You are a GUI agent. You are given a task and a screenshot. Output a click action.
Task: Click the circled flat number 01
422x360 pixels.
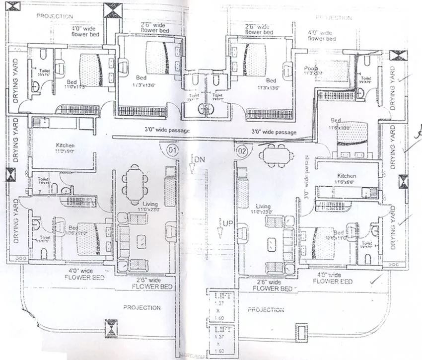[172, 149]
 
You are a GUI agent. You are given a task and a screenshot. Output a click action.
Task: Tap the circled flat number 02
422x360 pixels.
[242, 149]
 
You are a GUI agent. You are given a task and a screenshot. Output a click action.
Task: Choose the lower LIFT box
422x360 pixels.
[219, 340]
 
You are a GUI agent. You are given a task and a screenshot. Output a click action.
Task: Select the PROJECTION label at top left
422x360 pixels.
[55, 16]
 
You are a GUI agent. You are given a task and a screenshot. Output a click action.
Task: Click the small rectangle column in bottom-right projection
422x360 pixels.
[301, 331]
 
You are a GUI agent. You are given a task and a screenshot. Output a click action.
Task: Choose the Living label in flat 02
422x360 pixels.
[263, 207]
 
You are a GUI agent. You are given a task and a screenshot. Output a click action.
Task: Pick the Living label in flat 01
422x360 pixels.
[150, 204]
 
